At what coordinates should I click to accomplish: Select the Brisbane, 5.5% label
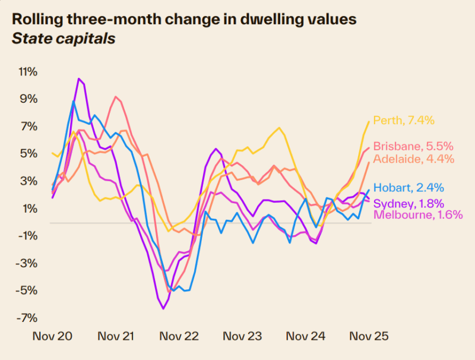point(414,146)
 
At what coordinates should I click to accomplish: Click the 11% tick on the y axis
point(27,72)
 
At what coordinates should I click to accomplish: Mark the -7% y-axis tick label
point(27,318)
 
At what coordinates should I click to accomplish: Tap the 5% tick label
point(30,154)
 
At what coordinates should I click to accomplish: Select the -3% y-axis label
point(27,263)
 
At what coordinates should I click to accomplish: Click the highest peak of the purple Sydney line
point(78,78)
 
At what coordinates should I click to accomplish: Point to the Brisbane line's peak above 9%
point(116,97)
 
